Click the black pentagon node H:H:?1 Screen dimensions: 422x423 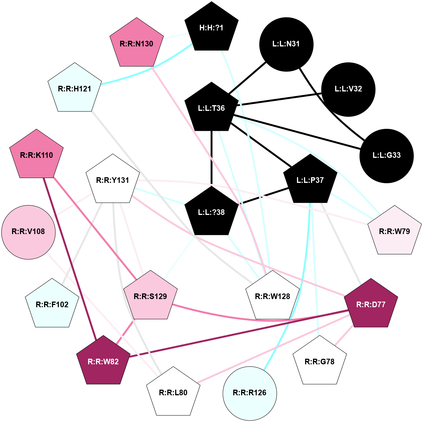(211, 28)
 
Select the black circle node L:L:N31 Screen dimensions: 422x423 (286, 44)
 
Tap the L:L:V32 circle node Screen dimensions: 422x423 (348, 89)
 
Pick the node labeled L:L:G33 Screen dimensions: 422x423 (387, 156)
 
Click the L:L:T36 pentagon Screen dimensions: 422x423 (211, 108)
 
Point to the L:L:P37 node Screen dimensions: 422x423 (310, 180)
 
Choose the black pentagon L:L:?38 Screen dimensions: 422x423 (211, 212)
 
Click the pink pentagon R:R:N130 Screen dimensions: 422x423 (136, 44)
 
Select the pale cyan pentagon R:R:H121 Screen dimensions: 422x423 (75, 89)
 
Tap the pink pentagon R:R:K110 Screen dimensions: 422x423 (36, 155)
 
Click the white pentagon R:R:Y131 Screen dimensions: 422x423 (113, 180)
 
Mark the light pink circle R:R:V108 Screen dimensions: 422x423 (28, 232)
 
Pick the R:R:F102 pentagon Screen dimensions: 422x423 (52, 305)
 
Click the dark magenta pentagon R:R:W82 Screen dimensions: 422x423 (103, 362)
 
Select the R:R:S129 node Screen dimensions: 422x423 (150, 297)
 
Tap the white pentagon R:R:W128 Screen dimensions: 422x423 (273, 297)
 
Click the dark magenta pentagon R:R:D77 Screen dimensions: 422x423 (371, 305)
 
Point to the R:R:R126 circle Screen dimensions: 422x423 (250, 393)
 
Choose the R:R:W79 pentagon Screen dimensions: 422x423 (394, 232)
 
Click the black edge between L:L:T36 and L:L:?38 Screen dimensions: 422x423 (211, 158)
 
